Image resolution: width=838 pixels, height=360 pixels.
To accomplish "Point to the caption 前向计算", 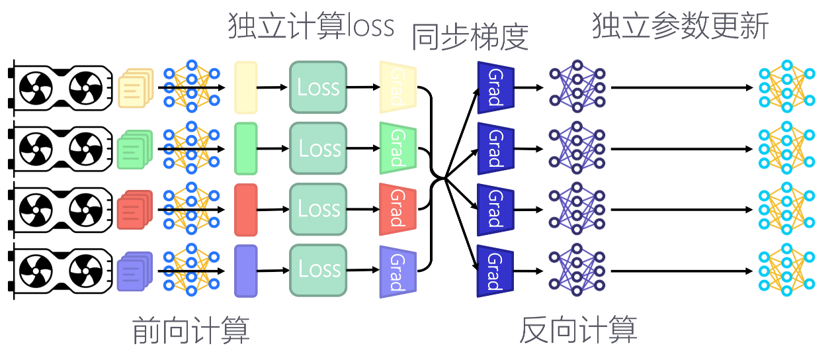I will tap(191, 330).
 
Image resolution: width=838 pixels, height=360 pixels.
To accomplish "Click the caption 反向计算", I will tap(578, 330).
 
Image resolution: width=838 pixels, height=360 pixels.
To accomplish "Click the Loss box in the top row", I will tap(318, 87).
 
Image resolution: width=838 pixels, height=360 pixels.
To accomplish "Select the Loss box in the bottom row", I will tap(318, 269).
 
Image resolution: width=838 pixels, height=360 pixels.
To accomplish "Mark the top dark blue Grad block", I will tap(495, 87).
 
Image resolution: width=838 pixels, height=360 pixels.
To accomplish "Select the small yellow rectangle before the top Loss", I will tap(245, 87).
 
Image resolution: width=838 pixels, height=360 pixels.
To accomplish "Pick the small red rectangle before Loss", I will tap(245, 209).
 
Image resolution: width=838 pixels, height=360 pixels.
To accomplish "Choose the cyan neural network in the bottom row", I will tap(787, 269).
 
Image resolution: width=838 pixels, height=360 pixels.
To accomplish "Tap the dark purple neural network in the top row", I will tap(577, 87).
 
